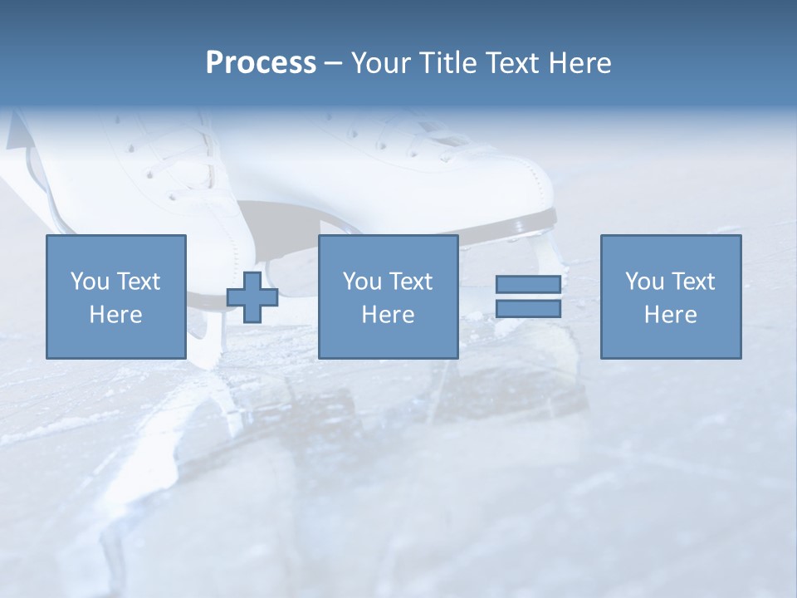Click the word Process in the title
pyautogui.click(x=261, y=62)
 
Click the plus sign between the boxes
pyautogui.click(x=252, y=297)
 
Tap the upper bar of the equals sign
pyautogui.click(x=528, y=284)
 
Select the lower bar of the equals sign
pyautogui.click(x=528, y=309)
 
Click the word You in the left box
pyautogui.click(x=90, y=282)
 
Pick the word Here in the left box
pyautogui.click(x=115, y=315)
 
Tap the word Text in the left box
pyautogui.click(x=138, y=282)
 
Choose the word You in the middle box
pyautogui.click(x=362, y=282)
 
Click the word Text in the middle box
pyautogui.click(x=410, y=282)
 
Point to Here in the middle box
pyautogui.click(x=388, y=315)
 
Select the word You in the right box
pyautogui.click(x=644, y=282)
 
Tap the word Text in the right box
pyautogui.click(x=692, y=282)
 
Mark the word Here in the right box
pyautogui.click(x=670, y=315)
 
